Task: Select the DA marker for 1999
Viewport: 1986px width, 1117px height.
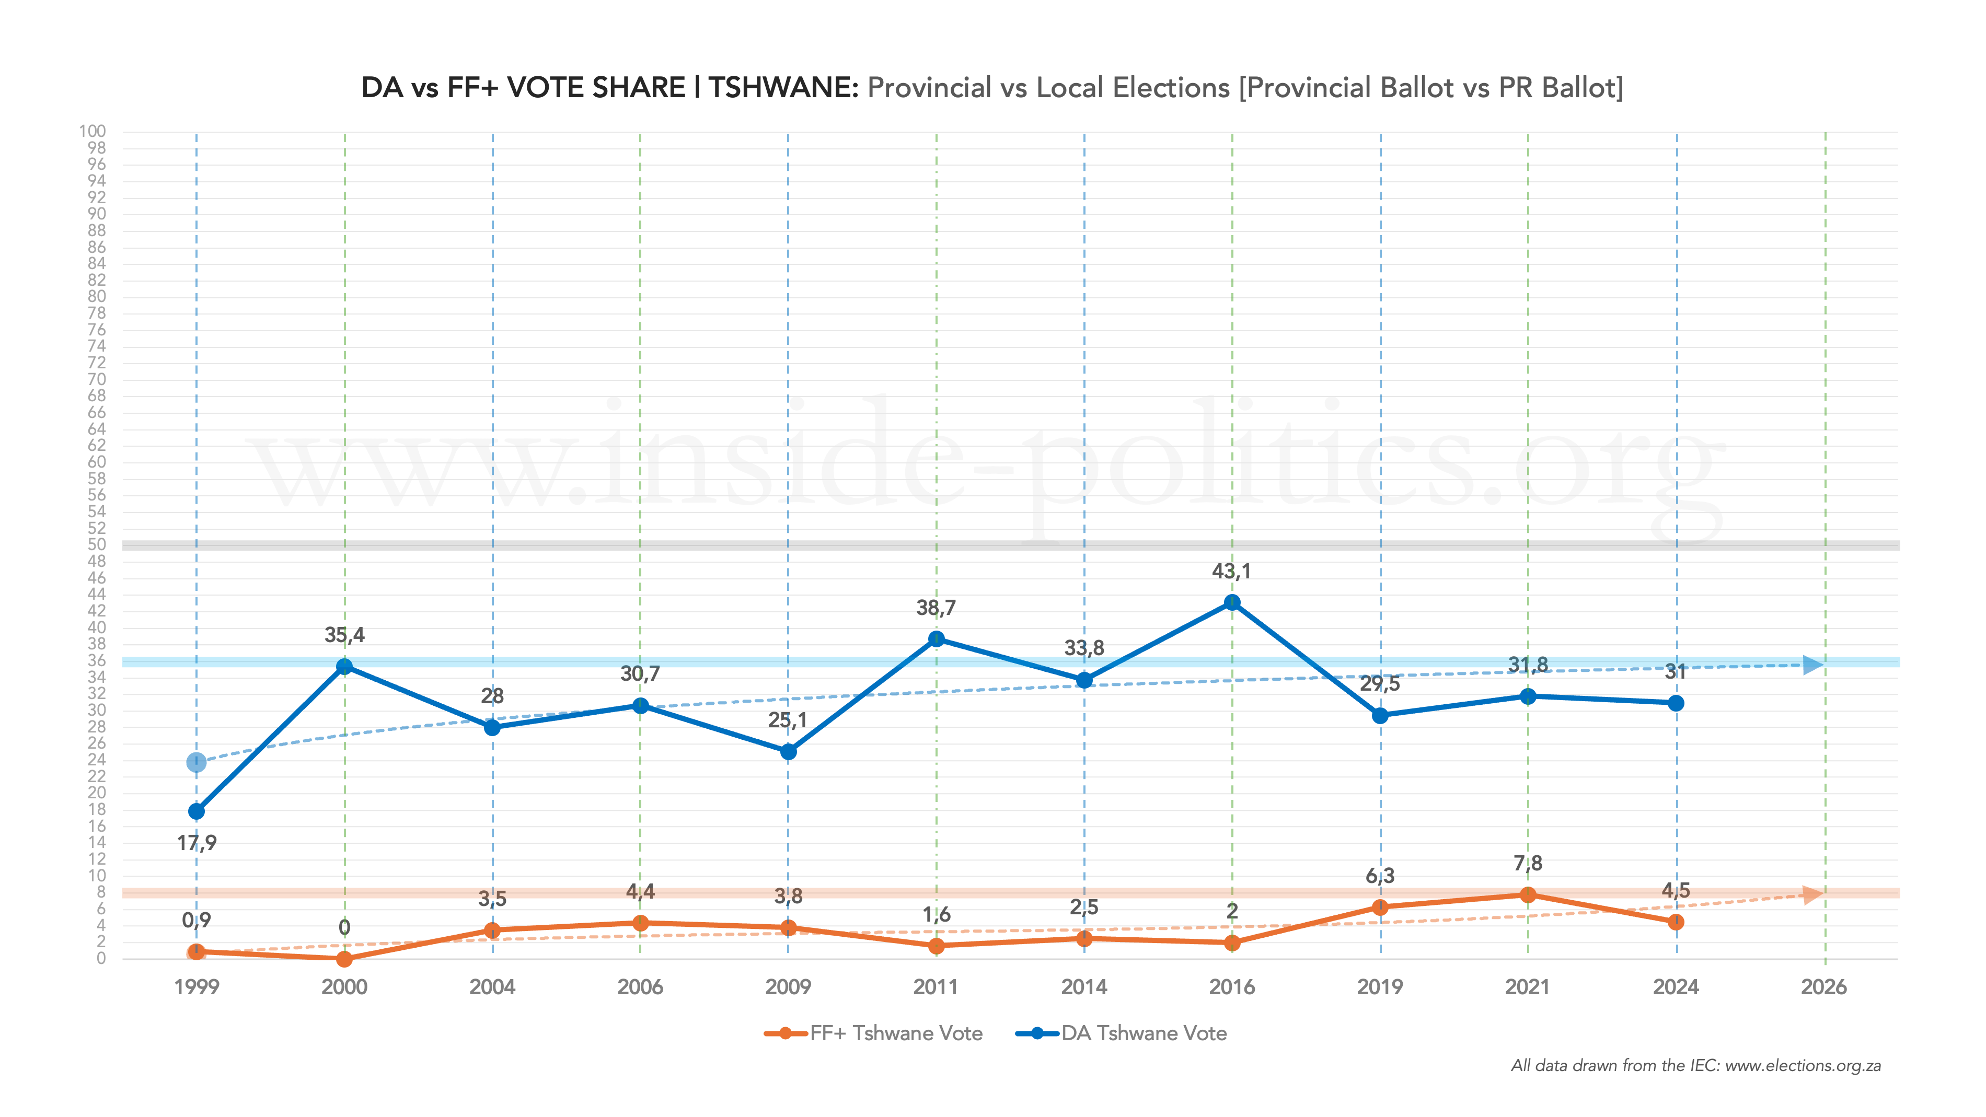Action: click(197, 812)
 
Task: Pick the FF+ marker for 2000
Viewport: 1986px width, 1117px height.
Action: click(344, 959)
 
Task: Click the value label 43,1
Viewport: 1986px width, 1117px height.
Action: click(1231, 571)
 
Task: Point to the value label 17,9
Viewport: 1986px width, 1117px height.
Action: click(197, 843)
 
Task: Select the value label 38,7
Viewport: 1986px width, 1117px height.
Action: click(936, 608)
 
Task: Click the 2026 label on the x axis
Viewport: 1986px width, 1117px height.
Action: click(1823, 987)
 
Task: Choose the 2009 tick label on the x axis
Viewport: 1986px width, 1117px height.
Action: click(788, 987)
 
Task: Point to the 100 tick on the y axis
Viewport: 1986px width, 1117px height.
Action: click(93, 131)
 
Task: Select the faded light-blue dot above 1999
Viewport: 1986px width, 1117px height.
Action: click(197, 762)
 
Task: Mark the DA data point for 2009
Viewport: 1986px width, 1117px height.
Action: click(788, 752)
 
